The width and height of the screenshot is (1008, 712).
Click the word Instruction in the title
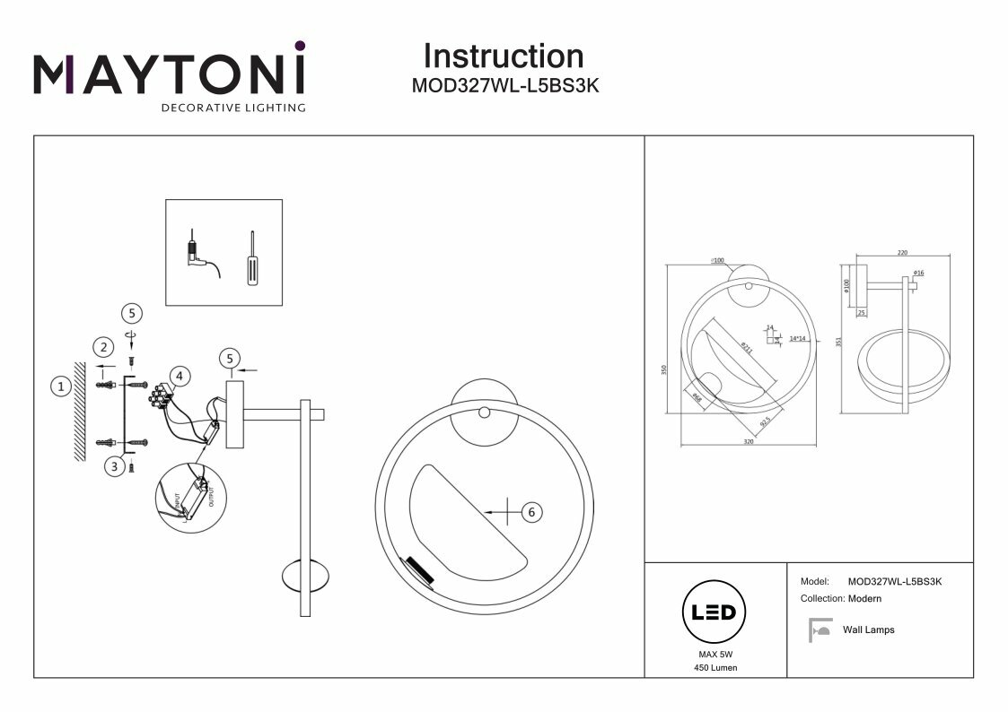[503, 56]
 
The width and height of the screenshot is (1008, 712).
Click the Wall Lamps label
[868, 630]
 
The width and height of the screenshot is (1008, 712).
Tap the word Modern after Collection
[864, 598]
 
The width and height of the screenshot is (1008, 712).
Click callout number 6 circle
[531, 512]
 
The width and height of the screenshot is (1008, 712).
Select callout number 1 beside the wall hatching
[59, 386]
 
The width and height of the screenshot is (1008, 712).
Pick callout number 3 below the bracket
[114, 465]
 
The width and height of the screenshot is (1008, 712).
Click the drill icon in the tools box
[196, 254]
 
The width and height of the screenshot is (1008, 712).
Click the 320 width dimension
[747, 441]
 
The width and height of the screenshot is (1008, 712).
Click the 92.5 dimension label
[766, 420]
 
